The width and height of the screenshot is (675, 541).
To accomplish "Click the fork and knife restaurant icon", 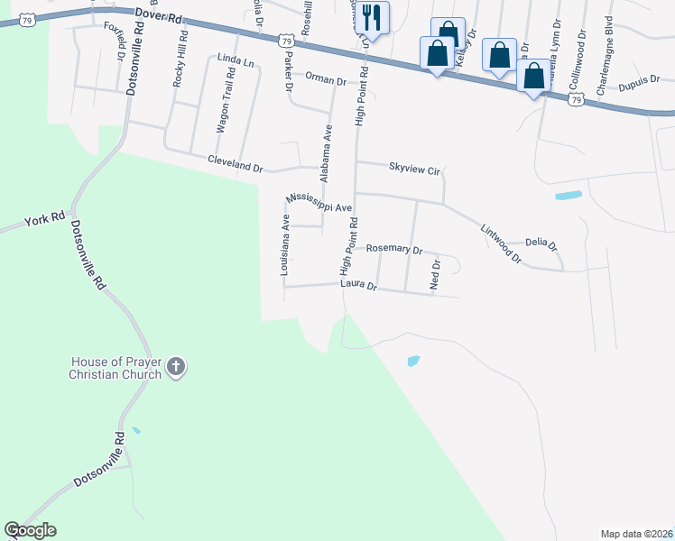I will coord(371,17).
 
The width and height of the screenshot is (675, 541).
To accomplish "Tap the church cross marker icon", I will coord(176,367).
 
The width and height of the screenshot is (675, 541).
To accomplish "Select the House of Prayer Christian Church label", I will coord(116,368).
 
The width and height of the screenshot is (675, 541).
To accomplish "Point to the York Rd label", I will coord(44,219).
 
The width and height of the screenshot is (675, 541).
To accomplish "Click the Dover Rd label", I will coord(159,16).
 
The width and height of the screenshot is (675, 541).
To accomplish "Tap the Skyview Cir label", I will coord(413,168).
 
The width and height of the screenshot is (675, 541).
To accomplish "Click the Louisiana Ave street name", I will coord(284,244).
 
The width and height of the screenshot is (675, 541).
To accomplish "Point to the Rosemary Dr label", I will coord(393,249).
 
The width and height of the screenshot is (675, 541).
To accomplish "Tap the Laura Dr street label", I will coord(358,285).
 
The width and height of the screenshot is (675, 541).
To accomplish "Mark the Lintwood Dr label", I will coord(501,243).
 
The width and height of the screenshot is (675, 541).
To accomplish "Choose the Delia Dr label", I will coord(541,243).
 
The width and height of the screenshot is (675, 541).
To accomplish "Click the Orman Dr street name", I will coord(326,80).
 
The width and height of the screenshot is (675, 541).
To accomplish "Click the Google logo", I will coord(30,530).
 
